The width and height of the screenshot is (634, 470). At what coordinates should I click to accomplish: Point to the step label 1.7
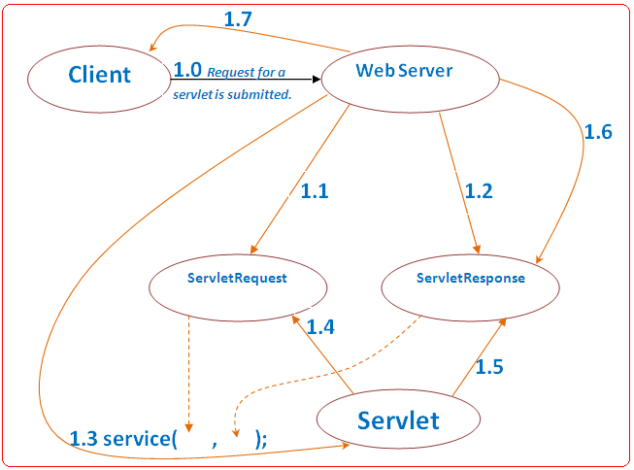238,19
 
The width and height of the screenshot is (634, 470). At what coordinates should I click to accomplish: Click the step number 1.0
187,70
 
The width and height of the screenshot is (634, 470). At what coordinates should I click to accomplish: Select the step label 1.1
315,191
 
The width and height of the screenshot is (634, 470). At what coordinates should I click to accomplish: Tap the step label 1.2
479,191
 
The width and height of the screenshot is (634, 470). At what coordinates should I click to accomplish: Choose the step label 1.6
598,132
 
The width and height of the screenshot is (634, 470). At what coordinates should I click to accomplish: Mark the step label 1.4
320,327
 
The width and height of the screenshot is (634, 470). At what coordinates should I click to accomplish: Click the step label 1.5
489,366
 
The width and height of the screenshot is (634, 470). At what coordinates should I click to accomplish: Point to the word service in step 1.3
137,439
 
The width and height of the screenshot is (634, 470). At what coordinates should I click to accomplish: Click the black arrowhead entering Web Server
317,80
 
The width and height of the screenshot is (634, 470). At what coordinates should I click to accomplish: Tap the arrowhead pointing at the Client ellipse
152,47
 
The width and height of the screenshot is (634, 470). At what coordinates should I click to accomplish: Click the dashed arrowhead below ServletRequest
188,428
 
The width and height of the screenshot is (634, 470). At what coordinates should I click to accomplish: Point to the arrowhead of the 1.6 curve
539,259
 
